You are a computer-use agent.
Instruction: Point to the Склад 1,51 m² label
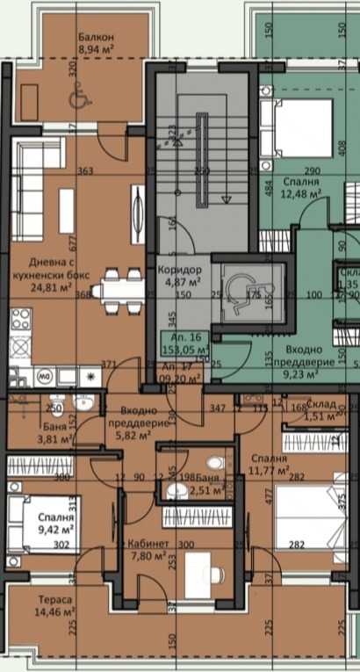pyautogui.click(x=318, y=411)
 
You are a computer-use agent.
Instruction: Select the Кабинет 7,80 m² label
pyautogui.click(x=147, y=550)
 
